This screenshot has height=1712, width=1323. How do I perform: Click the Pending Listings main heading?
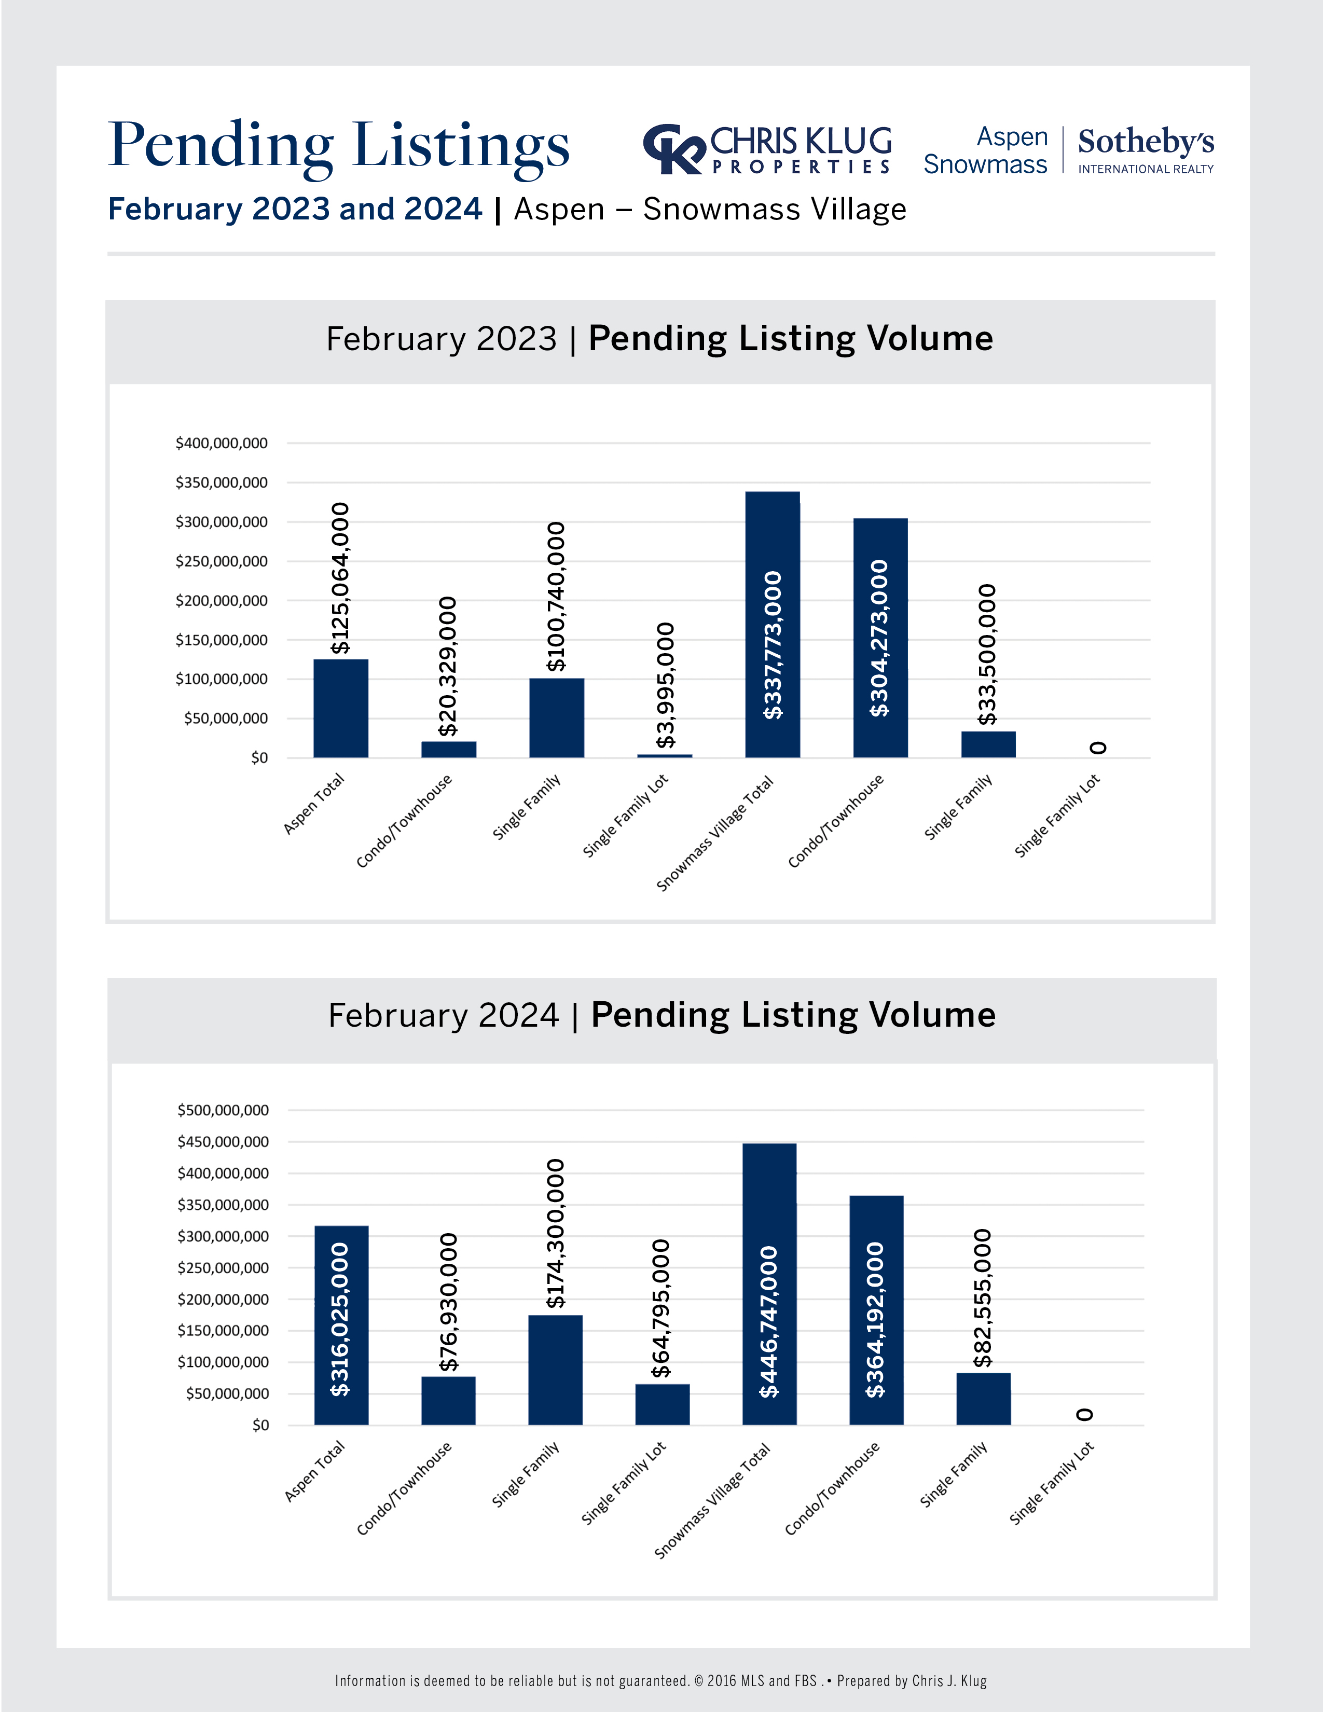click(x=339, y=146)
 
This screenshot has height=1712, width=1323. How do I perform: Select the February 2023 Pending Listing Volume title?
click(x=659, y=339)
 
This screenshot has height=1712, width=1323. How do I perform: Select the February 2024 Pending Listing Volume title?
click(x=661, y=1015)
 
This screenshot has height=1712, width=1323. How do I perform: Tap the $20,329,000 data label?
click(x=448, y=666)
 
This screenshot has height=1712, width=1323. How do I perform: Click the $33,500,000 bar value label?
click(x=987, y=655)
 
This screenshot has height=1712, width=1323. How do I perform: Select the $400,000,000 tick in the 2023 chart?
click(x=222, y=444)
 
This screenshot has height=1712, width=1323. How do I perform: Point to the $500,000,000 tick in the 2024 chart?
click(x=224, y=1110)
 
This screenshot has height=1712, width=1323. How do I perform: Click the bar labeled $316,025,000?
click(x=341, y=1325)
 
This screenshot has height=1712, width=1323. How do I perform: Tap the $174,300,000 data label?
click(x=556, y=1234)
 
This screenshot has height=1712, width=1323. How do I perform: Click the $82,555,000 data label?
click(x=983, y=1298)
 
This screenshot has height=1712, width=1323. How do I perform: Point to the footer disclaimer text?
click(x=660, y=1681)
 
